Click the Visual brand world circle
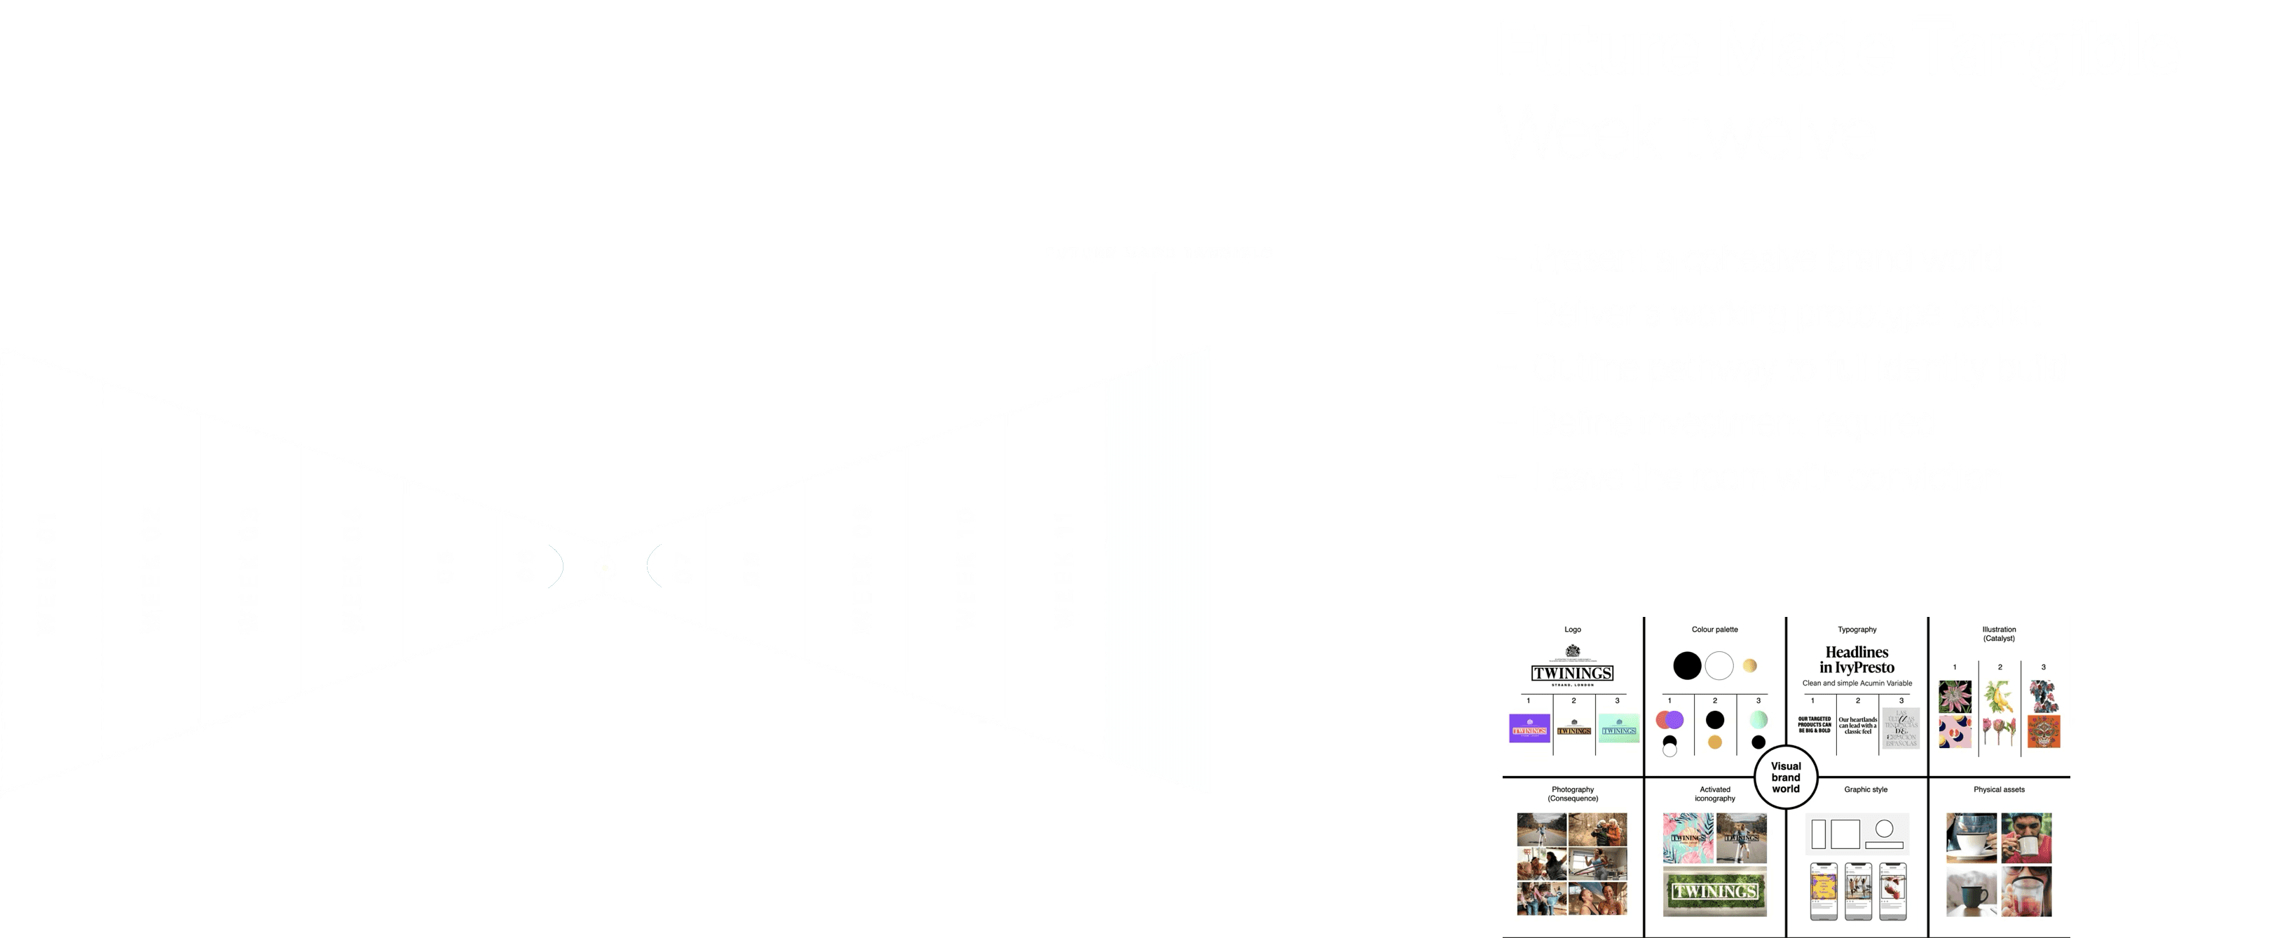[1785, 777]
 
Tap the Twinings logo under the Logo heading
[1572, 672]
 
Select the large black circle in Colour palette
[1687, 665]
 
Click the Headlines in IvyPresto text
[1857, 660]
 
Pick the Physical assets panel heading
[1999, 789]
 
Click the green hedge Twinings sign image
[1714, 890]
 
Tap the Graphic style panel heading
[1865, 789]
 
